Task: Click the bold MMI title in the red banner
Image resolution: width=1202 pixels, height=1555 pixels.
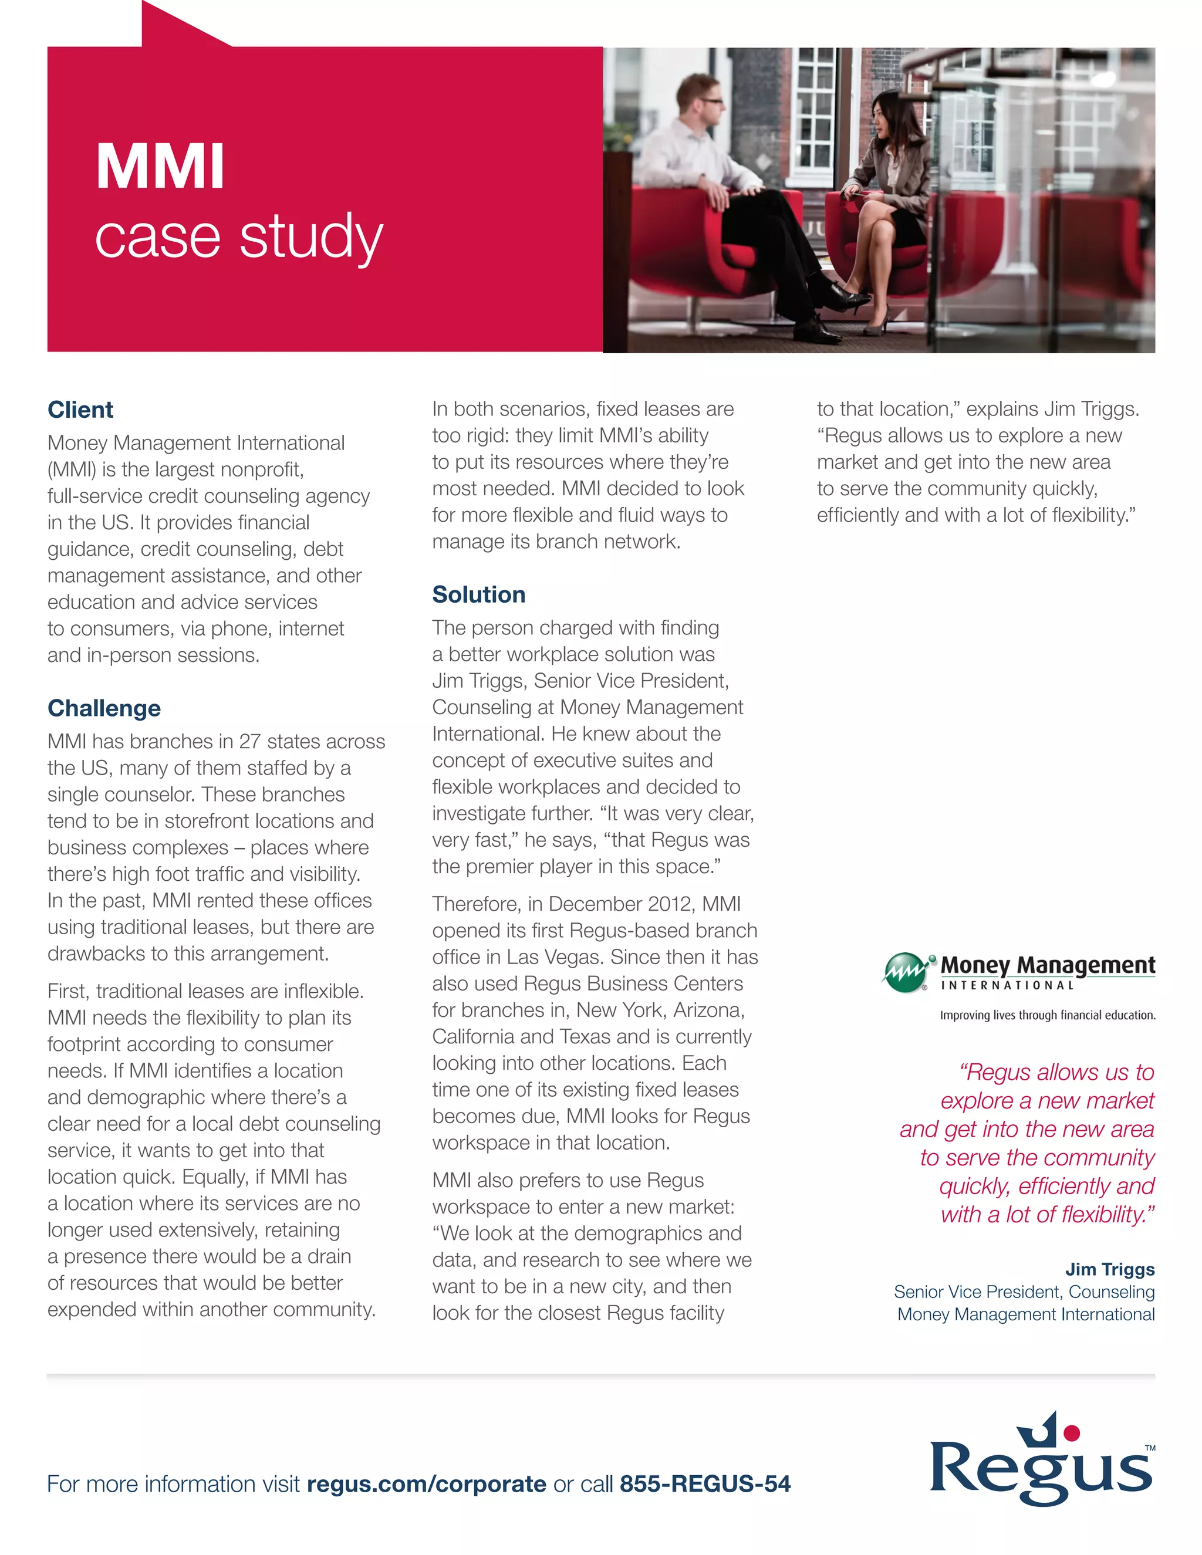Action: coord(160,167)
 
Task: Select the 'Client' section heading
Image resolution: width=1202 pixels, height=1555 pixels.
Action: coord(80,410)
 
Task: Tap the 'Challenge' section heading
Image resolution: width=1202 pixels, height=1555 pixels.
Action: coord(104,708)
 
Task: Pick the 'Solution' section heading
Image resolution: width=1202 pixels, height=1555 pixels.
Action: coord(478,594)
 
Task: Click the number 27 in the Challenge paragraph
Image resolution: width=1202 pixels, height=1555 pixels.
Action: coord(250,741)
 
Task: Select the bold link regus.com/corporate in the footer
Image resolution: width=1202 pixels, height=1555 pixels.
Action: coord(427,1484)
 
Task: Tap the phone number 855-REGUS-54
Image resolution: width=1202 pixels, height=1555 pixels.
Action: coord(705,1484)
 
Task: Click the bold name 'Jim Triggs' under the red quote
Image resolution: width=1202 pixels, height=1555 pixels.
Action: coord(1109,1269)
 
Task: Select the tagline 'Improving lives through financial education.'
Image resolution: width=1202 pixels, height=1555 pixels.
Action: coord(1048,1015)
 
